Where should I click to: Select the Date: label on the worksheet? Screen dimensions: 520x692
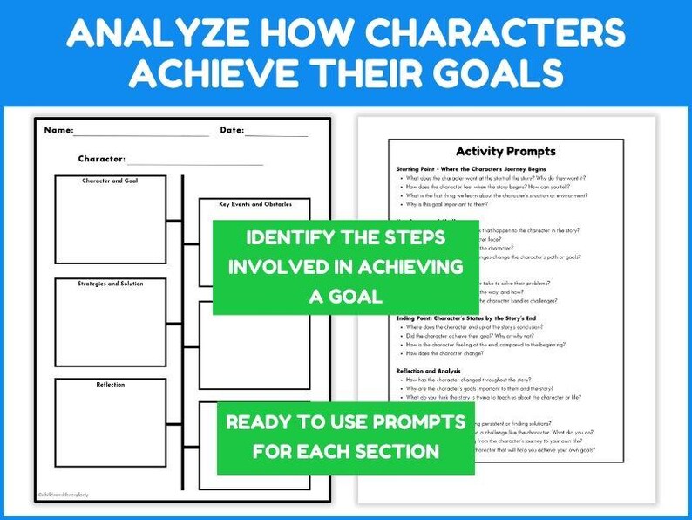[x=231, y=131]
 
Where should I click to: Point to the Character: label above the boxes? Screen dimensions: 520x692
[x=101, y=160]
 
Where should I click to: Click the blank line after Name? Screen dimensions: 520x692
[x=140, y=133]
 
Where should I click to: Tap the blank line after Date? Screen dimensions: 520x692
[x=276, y=133]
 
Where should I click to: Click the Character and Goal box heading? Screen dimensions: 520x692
[x=110, y=181]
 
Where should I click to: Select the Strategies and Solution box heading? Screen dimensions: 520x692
[x=110, y=284]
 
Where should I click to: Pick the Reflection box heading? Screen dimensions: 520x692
[x=110, y=385]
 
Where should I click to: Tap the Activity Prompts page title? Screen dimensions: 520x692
[x=505, y=151]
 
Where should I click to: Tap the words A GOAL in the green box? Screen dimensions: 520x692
[x=345, y=297]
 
